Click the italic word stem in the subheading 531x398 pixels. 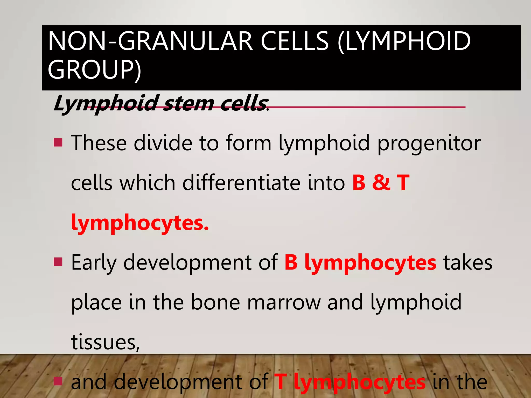[x=189, y=103]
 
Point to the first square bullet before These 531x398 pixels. [x=58, y=142]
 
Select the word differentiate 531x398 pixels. [x=241, y=183]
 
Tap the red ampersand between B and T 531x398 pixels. [x=381, y=183]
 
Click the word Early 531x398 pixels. [x=94, y=263]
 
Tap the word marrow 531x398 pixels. [x=284, y=302]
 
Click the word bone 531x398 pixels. [x=215, y=302]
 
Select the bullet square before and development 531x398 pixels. [x=58, y=381]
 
